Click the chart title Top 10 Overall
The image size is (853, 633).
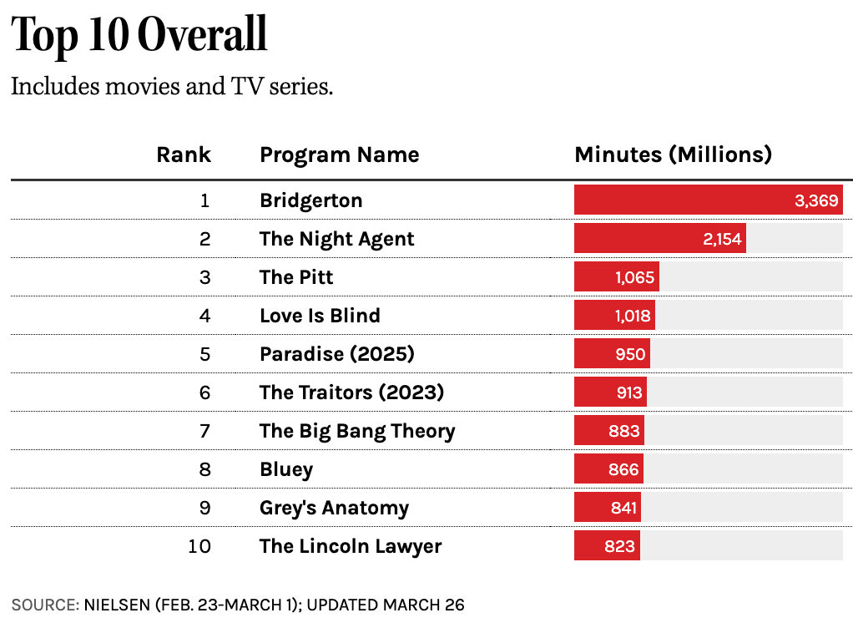coord(139,35)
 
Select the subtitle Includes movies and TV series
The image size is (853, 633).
coord(172,86)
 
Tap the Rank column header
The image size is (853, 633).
coord(184,154)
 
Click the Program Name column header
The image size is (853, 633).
coord(339,154)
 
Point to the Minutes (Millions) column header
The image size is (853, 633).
coord(673,154)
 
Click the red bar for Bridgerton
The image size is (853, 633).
coord(708,200)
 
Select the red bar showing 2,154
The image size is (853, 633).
coord(659,239)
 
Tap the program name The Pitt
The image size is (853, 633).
coord(296,277)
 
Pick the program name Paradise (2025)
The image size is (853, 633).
coord(336,354)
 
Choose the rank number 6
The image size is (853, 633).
coord(204,392)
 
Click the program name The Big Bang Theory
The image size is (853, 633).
coord(357,431)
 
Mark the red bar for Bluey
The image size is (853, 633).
coord(608,469)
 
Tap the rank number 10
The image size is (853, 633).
coord(200,546)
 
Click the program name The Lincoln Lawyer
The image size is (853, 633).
coord(351,546)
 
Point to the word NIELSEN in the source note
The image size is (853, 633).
coord(117,605)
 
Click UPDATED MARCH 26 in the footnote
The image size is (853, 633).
coord(386,605)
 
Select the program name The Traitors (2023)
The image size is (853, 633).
coord(351,392)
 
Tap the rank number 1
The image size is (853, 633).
coord(205,200)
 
